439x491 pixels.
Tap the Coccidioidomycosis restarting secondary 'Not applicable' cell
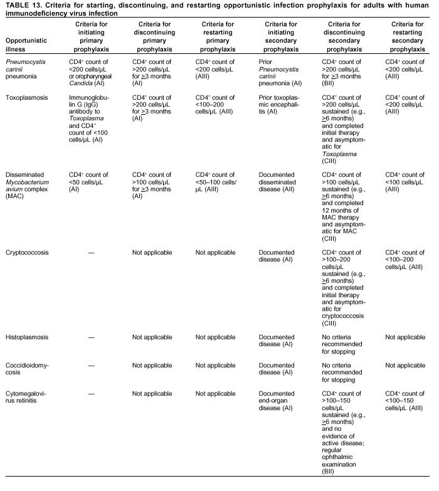click(x=403, y=365)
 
